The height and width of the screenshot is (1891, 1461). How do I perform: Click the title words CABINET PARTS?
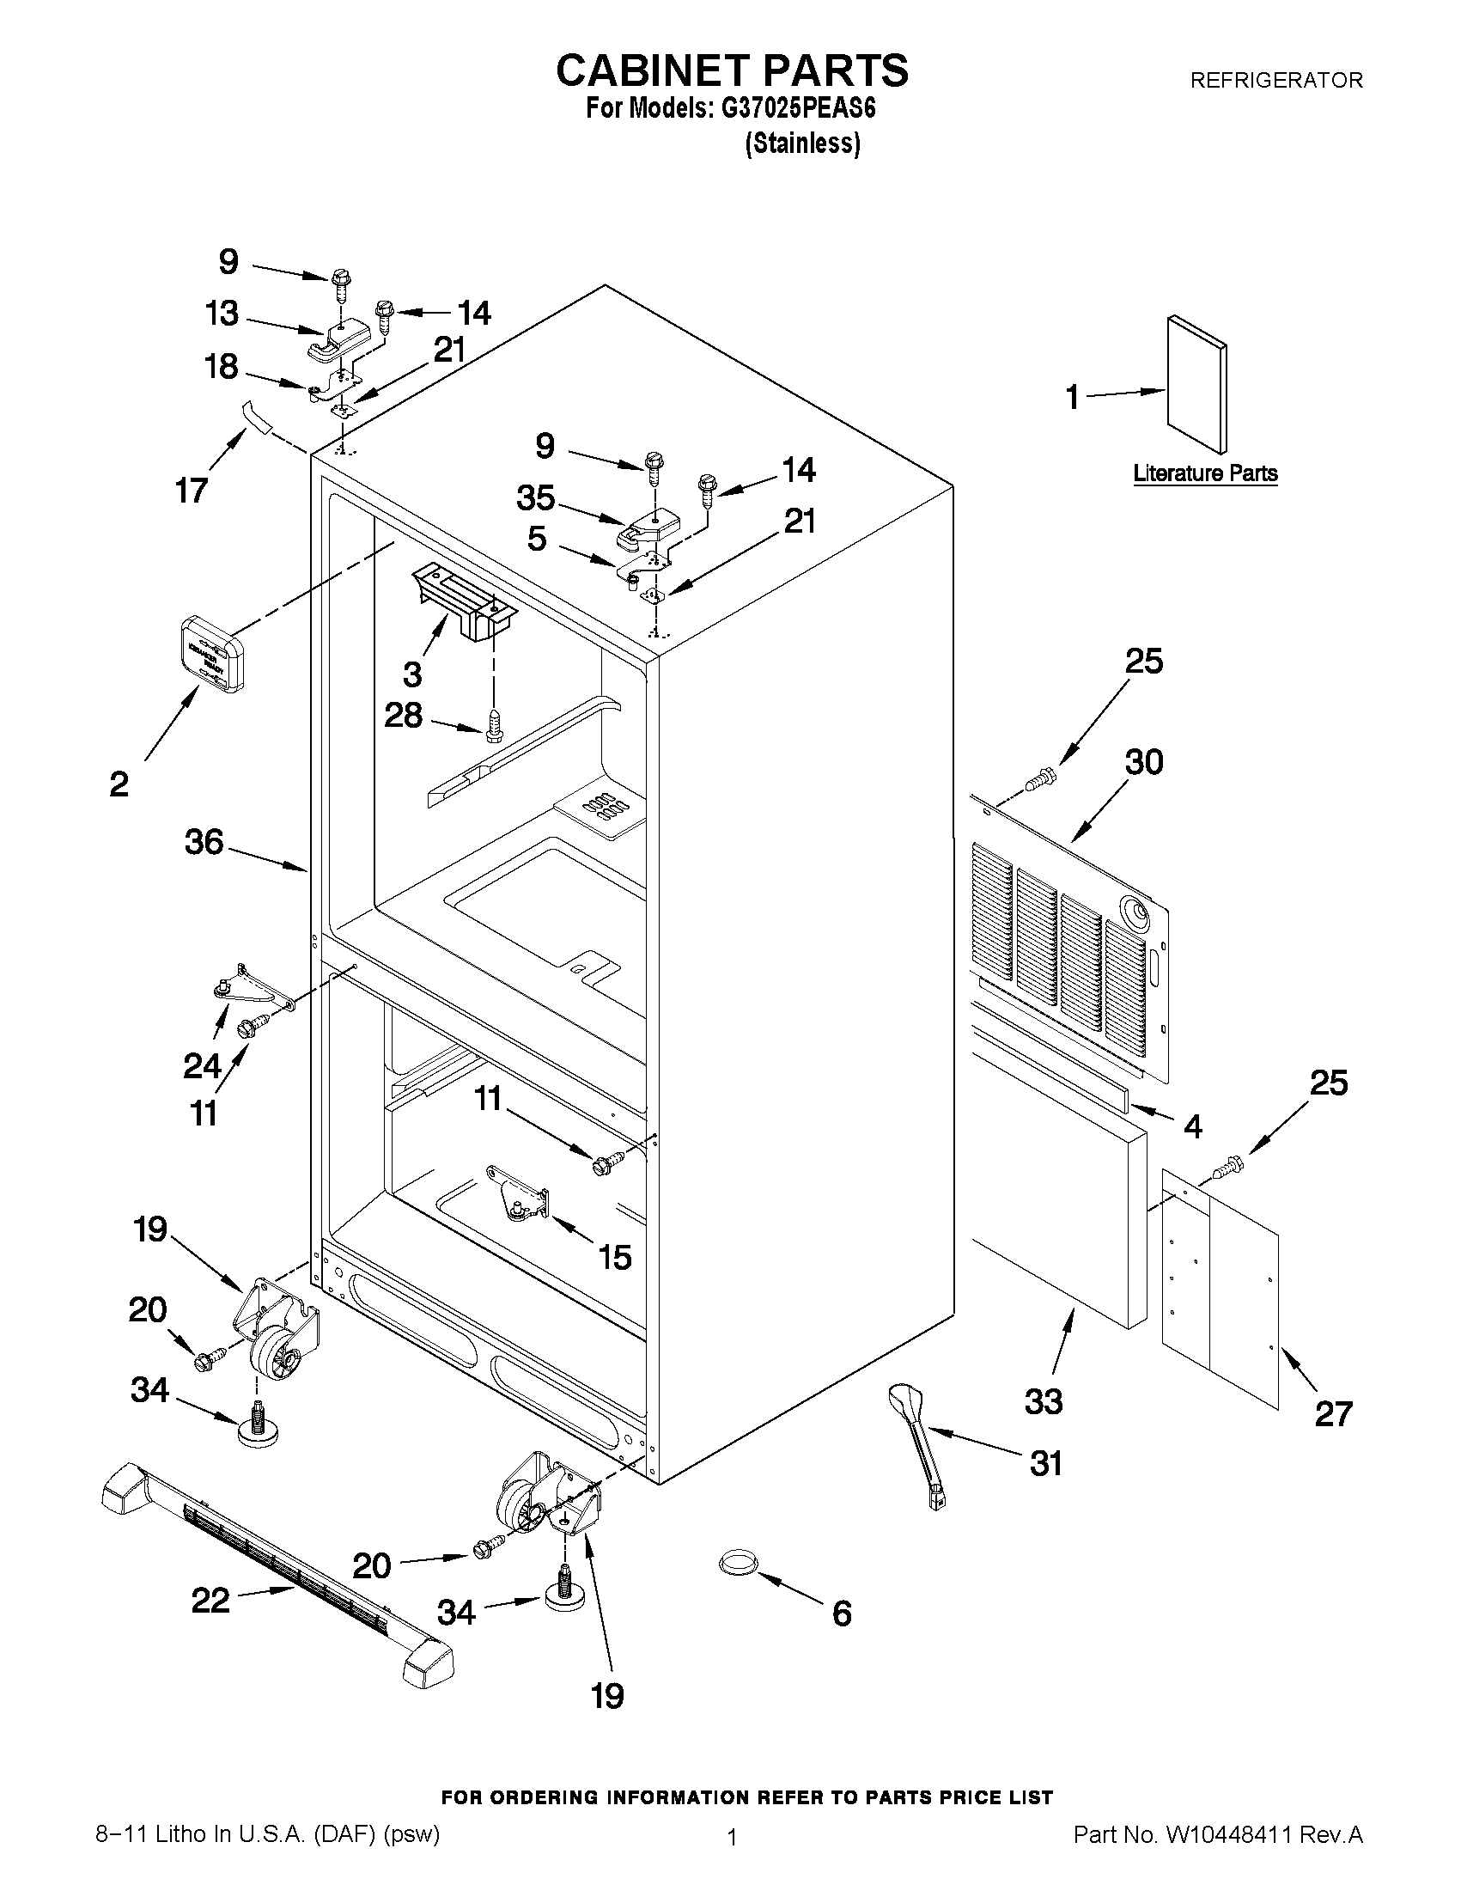pyautogui.click(x=732, y=71)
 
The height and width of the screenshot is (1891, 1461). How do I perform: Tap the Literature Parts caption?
pyautogui.click(x=1205, y=473)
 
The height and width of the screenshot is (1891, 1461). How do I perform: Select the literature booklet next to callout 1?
pyautogui.click(x=1196, y=383)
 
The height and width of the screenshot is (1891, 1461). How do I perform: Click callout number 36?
pyautogui.click(x=204, y=842)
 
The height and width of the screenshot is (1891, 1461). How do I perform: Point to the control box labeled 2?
pyautogui.click(x=211, y=654)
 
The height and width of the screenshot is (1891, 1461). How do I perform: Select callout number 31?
pyautogui.click(x=1045, y=1463)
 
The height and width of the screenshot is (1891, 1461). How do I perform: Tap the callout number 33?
pyautogui.click(x=1043, y=1401)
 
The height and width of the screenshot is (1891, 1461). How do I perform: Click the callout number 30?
pyautogui.click(x=1143, y=762)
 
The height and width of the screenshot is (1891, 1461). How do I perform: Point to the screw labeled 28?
pyautogui.click(x=493, y=725)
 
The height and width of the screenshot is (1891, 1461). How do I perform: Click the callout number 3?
pyautogui.click(x=412, y=673)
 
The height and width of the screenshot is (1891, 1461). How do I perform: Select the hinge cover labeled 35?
pyautogui.click(x=648, y=527)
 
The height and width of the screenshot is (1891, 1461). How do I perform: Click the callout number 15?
pyautogui.click(x=614, y=1257)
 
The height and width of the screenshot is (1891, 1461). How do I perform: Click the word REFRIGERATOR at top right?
pyautogui.click(x=1275, y=81)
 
